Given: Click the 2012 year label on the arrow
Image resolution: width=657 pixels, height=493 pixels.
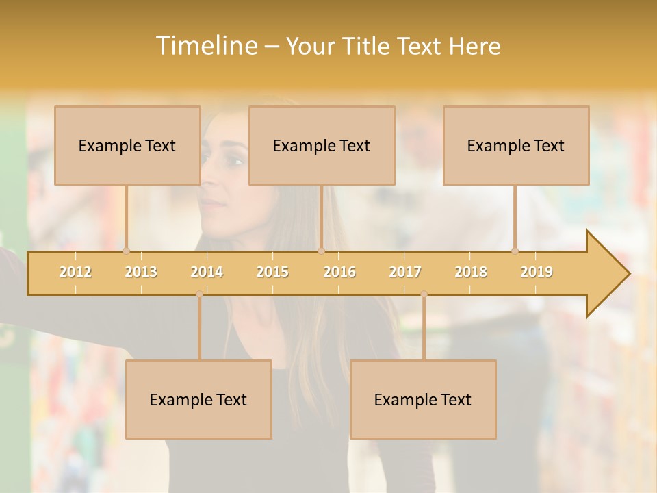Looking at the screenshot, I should pos(75,272).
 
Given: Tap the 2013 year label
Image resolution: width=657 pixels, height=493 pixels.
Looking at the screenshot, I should pos(141,272).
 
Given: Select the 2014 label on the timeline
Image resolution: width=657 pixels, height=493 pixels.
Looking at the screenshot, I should pos(207,272).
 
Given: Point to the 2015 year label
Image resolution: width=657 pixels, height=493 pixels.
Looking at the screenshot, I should pos(272,272).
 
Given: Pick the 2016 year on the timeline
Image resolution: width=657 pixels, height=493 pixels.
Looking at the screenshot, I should pos(339,272).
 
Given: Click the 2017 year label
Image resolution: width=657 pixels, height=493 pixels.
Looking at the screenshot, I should pos(405,272).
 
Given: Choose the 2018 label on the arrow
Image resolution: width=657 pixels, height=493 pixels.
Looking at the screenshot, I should pos(471,272).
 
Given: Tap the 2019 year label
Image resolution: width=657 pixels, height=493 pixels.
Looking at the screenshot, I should pos(537,272).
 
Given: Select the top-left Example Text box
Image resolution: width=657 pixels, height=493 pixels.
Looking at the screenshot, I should pos(127,146).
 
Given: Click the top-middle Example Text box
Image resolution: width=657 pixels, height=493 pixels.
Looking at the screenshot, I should pos(322,146).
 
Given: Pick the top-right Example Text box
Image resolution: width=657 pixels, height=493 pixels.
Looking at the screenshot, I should pos(516,146).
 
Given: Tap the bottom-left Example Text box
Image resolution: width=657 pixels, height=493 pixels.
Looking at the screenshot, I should pos(198,400).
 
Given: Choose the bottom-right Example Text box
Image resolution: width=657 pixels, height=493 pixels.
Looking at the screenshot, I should pos(423,400).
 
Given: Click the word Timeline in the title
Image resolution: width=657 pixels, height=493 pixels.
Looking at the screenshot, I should pos(205,46).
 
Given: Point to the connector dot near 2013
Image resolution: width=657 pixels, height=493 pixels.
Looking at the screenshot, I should pos(126,251).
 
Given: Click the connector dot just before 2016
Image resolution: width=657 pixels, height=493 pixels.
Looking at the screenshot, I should pos(321,251).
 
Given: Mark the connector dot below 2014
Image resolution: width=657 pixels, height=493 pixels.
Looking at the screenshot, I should pos(199,294).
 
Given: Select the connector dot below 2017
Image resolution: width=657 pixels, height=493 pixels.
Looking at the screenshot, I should pos(424,294).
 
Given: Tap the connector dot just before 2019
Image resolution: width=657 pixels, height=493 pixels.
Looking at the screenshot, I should pos(515,251).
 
